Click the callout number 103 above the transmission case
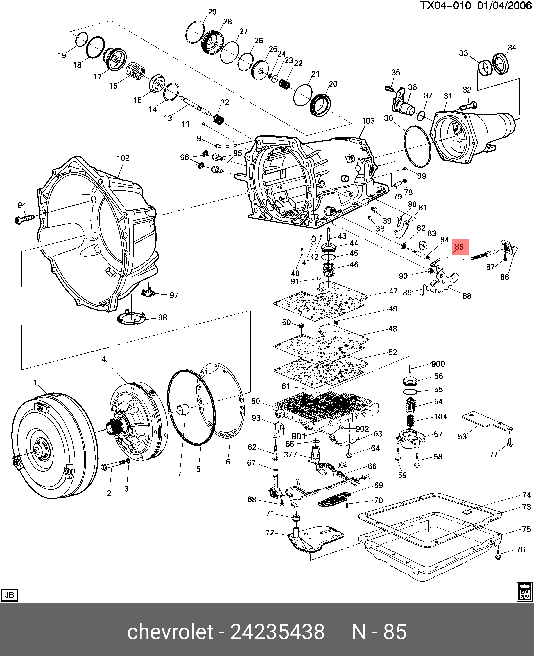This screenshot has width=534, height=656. click(x=368, y=121)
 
